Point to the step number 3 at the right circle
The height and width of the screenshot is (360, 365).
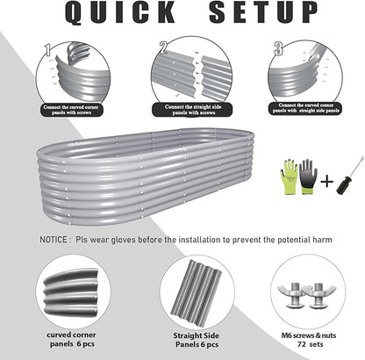coord(277,48)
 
